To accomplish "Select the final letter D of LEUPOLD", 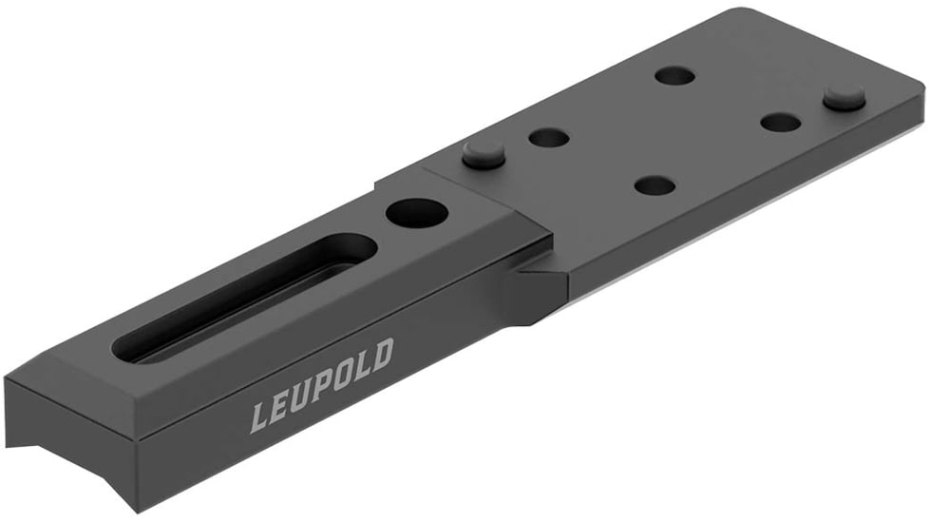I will click(x=380, y=355).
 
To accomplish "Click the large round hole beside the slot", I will click(x=415, y=212).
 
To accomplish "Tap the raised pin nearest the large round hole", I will click(x=483, y=153).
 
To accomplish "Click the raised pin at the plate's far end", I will click(x=844, y=96).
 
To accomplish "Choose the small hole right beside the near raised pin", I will click(x=549, y=139).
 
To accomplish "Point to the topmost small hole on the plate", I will click(x=674, y=75).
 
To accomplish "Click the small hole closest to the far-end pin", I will click(x=780, y=122).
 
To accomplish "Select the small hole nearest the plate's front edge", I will click(x=654, y=185).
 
